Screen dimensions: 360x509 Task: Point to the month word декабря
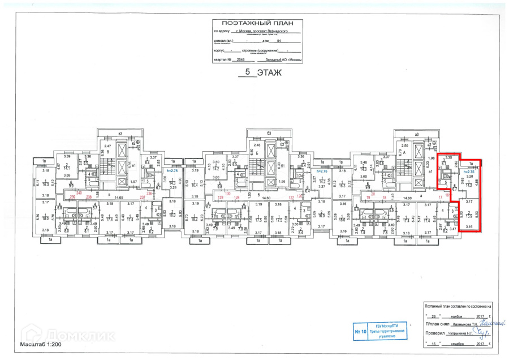(x=459, y=343)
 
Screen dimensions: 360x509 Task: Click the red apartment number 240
(x=79, y=193)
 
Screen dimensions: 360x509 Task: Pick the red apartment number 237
(x=142, y=197)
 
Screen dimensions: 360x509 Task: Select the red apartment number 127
(x=291, y=197)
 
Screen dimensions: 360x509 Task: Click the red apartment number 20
(x=373, y=193)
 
